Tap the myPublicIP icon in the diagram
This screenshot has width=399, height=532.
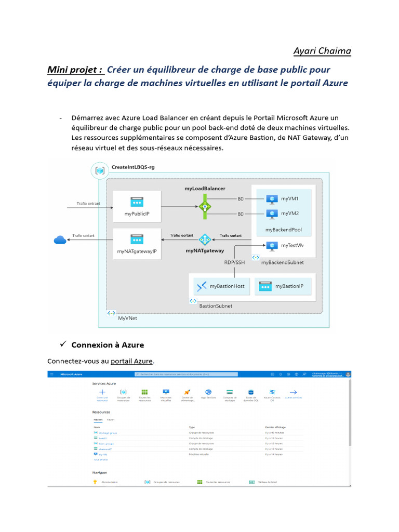137,201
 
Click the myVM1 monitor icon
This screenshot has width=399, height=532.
272,199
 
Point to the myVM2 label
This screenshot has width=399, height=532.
290,214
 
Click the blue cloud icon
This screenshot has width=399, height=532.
60,240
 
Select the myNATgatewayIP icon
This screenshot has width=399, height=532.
137,240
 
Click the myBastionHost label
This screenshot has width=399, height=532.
227,286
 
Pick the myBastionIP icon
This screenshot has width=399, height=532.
265,286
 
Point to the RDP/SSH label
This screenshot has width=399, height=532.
234,262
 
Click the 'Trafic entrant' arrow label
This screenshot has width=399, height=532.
88,204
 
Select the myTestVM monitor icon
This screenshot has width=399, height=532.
272,246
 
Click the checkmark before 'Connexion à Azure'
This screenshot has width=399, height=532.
62,344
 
